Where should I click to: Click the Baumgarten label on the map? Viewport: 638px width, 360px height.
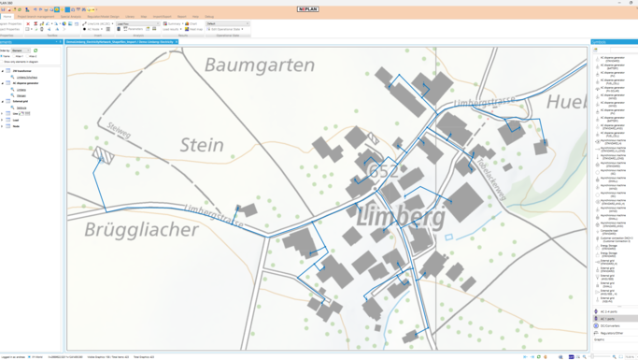246,65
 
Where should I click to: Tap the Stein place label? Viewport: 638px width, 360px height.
202,145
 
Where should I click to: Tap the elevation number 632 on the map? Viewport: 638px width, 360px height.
384,172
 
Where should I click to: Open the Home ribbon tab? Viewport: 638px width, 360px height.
7,16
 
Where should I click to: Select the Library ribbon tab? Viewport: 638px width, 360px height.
130,16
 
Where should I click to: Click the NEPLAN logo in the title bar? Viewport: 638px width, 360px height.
307,9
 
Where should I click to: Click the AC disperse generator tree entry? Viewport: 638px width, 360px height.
26,83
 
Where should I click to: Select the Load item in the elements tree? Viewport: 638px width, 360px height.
16,120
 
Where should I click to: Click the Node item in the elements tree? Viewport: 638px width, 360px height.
16,126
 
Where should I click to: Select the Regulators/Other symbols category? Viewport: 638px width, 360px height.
612,333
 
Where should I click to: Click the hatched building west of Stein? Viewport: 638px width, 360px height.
104,156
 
